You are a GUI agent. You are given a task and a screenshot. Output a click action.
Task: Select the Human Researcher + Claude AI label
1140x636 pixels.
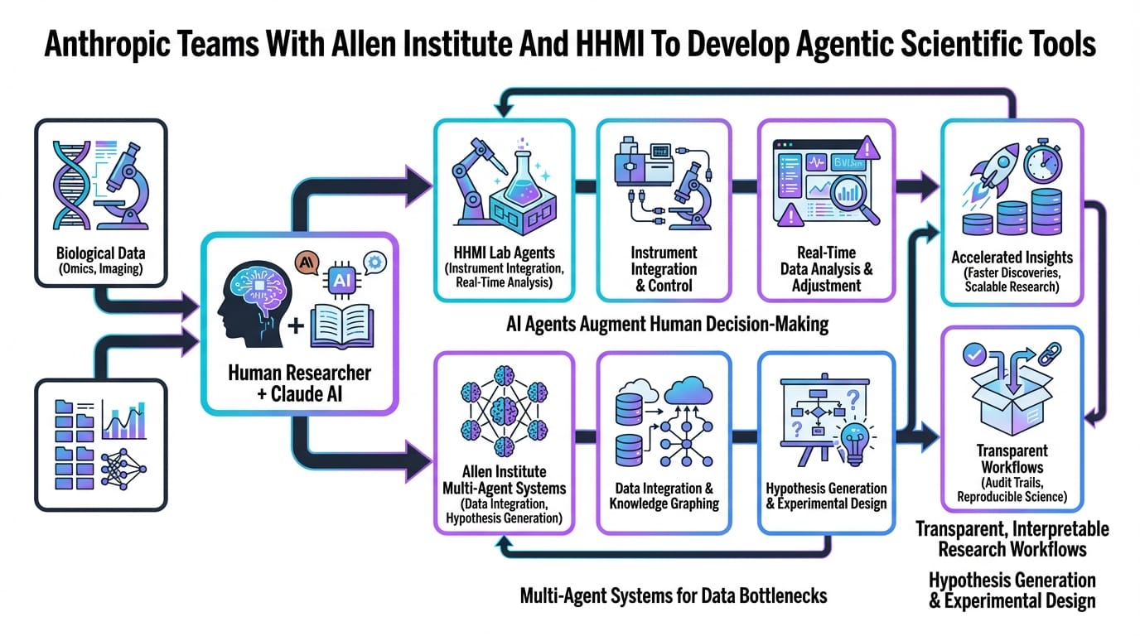coord(299,383)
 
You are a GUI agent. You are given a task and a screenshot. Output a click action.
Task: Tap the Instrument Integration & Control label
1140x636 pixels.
coord(664,268)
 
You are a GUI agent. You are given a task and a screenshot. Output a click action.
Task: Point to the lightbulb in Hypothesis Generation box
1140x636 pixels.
coord(853,437)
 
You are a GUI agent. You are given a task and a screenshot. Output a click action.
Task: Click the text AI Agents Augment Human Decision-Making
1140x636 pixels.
coord(667,324)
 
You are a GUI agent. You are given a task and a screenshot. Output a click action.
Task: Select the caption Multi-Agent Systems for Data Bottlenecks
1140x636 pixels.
coord(673,595)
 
